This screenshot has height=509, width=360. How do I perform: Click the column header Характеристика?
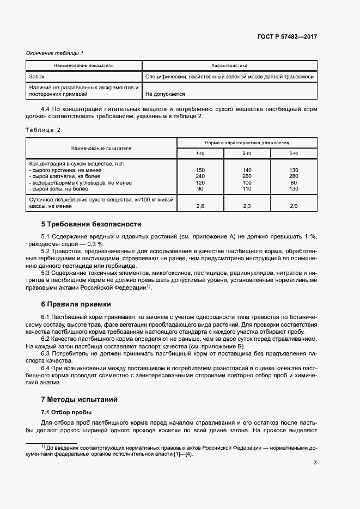click(229, 65)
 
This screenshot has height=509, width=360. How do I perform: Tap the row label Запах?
click(37, 77)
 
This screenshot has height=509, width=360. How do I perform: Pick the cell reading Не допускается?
click(164, 94)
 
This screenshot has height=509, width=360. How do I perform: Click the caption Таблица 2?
click(44, 130)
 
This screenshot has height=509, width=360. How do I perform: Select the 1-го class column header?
click(200, 153)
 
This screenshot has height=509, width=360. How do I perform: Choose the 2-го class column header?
click(247, 153)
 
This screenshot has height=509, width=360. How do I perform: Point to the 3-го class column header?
click(294, 153)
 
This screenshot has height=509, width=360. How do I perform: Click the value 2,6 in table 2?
click(200, 206)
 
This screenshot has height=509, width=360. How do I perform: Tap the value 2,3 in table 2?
click(247, 206)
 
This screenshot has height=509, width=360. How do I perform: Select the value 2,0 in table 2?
click(294, 206)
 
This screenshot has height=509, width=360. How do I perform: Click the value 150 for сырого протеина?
click(200, 170)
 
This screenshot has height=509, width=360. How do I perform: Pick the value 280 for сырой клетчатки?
click(294, 176)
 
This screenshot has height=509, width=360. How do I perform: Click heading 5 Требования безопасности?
click(91, 224)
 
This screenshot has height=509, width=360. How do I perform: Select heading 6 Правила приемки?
click(76, 304)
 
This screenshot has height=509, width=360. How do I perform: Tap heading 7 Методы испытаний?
click(80, 399)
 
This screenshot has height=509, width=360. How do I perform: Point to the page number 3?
click(315, 463)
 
